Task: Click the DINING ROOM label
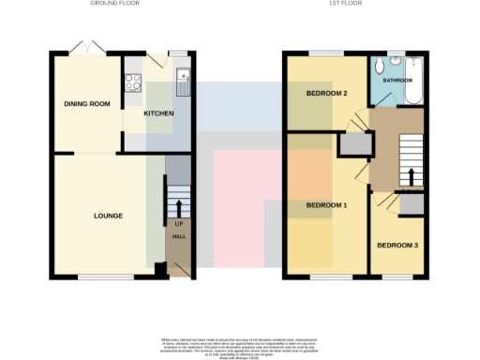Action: tap(82, 104)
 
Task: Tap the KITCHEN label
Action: tap(158, 112)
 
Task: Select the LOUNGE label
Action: tap(109, 216)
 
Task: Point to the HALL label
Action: tap(178, 238)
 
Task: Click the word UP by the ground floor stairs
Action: tap(178, 224)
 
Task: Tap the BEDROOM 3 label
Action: tap(397, 247)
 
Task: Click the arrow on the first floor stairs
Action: tap(410, 176)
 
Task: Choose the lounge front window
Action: tap(106, 277)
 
